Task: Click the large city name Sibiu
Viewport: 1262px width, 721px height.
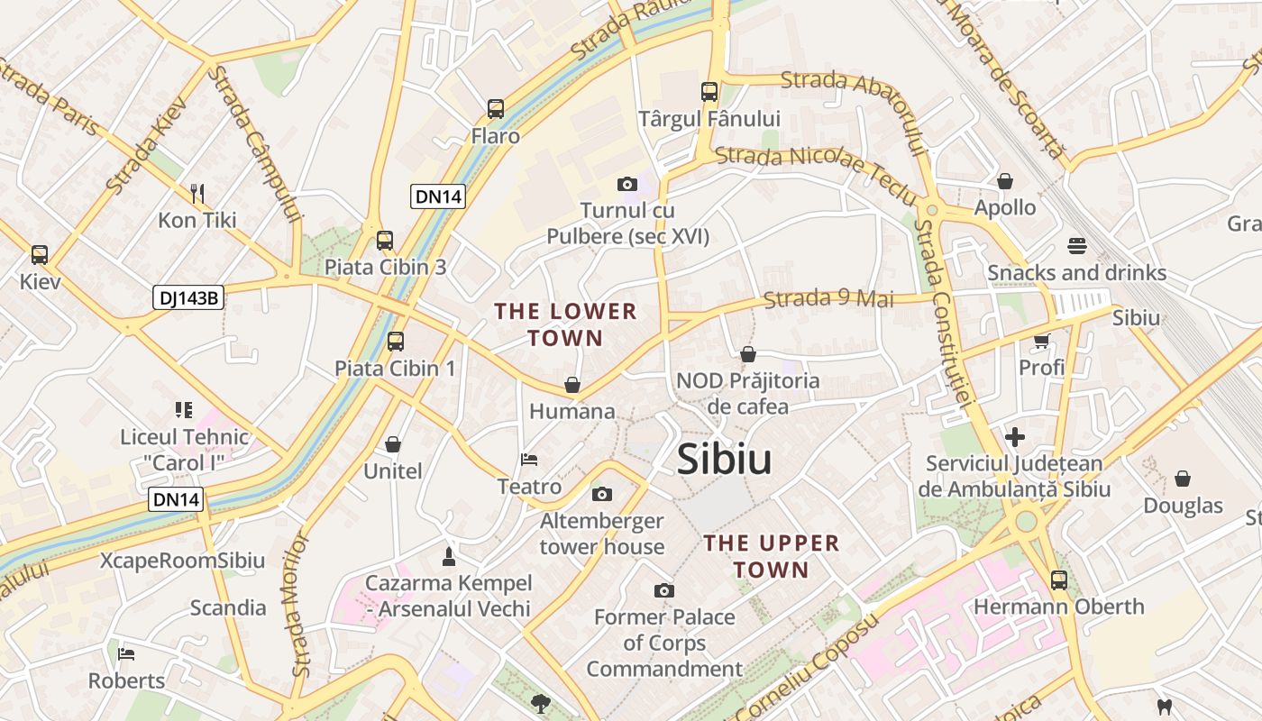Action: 724,459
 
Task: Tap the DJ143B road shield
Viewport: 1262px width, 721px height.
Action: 187,297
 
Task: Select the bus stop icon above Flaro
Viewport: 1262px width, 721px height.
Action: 495,109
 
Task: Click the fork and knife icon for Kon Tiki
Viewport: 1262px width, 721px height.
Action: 197,193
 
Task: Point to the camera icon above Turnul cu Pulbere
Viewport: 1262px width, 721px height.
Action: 627,184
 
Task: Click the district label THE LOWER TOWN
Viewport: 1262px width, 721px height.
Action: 565,324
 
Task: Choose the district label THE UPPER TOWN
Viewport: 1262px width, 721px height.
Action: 771,556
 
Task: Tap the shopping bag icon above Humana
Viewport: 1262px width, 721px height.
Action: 572,385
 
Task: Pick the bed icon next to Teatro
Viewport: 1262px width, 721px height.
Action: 529,460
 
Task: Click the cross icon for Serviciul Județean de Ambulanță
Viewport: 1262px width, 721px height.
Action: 1014,437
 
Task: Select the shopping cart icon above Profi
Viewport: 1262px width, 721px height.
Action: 1041,341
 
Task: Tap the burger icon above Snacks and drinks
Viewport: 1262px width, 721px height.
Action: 1076,245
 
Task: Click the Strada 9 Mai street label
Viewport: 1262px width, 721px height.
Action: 828,298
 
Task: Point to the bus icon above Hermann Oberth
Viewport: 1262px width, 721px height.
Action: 1058,580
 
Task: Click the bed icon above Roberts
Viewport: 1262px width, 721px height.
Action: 126,653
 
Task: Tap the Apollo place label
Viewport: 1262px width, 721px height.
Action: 1004,207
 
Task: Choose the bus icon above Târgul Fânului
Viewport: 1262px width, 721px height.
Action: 709,91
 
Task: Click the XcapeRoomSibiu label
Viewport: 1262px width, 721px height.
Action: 182,561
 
